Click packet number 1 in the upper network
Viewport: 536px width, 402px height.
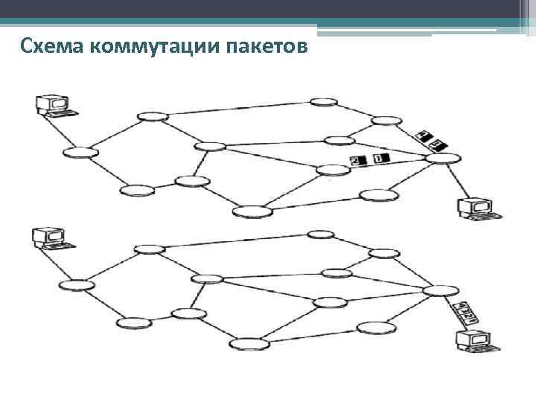coord(381,159)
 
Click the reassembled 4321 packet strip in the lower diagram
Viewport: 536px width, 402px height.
coord(461,313)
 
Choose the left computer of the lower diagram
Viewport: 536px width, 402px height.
coord(51,238)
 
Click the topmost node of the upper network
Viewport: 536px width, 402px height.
coord(323,101)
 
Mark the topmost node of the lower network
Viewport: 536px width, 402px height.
coord(321,234)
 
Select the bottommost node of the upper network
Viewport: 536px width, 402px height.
coord(252,212)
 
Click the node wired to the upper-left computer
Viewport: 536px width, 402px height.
coord(80,153)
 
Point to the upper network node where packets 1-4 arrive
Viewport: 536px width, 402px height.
coord(443,158)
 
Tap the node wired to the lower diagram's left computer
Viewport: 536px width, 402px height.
coord(77,284)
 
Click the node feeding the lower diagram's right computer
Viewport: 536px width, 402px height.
coord(441,290)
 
